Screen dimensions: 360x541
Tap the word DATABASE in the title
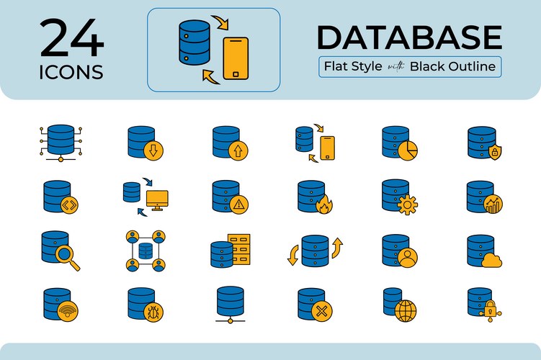point(408,37)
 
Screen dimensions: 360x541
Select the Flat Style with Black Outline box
point(409,67)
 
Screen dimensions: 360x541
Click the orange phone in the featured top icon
point(236,58)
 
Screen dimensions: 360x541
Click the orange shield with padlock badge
point(495,152)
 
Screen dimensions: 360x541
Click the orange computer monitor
point(157,199)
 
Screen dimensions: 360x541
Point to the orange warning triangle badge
point(239,204)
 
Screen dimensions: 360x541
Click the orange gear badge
point(408,204)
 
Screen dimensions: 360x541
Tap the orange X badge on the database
point(324,312)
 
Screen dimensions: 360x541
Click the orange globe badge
point(406,311)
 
